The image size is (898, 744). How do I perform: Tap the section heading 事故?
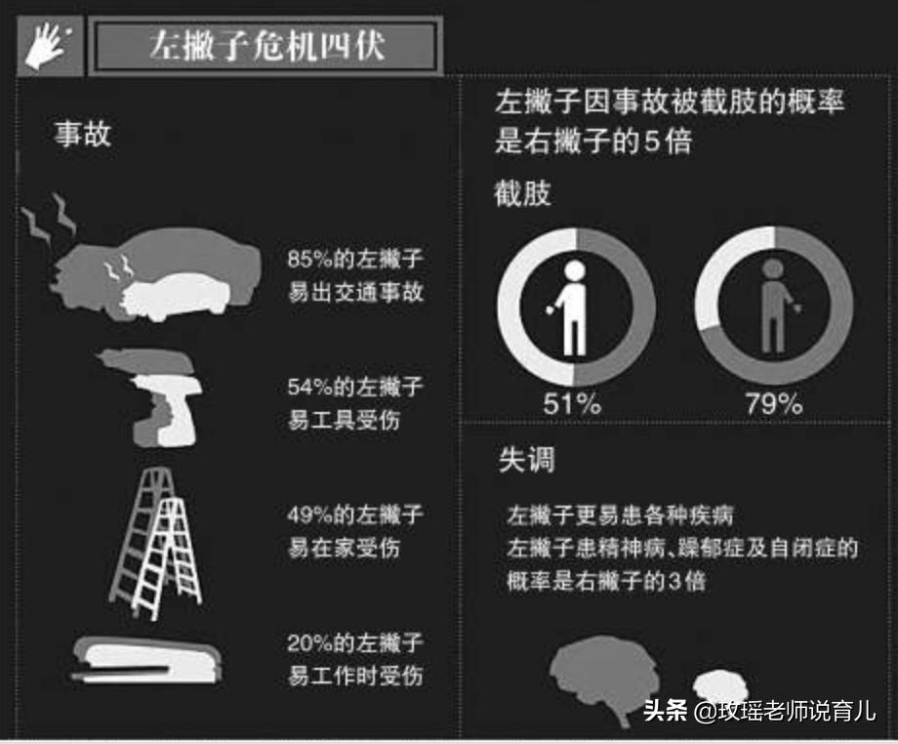[82, 134]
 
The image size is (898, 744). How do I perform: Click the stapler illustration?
[146, 658]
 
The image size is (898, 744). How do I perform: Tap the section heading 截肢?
[523, 193]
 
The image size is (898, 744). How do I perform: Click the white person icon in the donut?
[575, 308]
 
